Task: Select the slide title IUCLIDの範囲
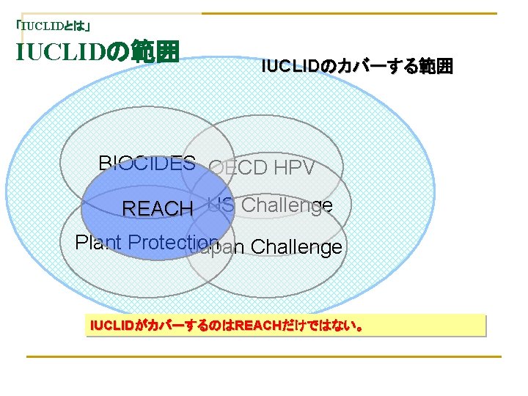pos(97,52)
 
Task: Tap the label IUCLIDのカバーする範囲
pos(357,67)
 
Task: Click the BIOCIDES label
pos(147,164)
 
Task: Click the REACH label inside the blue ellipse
pos(157,209)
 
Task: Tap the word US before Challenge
pos(220,205)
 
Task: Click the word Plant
pos(98,243)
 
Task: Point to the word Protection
pos(173,243)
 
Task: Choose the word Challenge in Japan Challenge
pos(296,248)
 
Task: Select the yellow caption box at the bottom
pos(285,326)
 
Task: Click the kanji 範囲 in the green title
pos(155,52)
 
